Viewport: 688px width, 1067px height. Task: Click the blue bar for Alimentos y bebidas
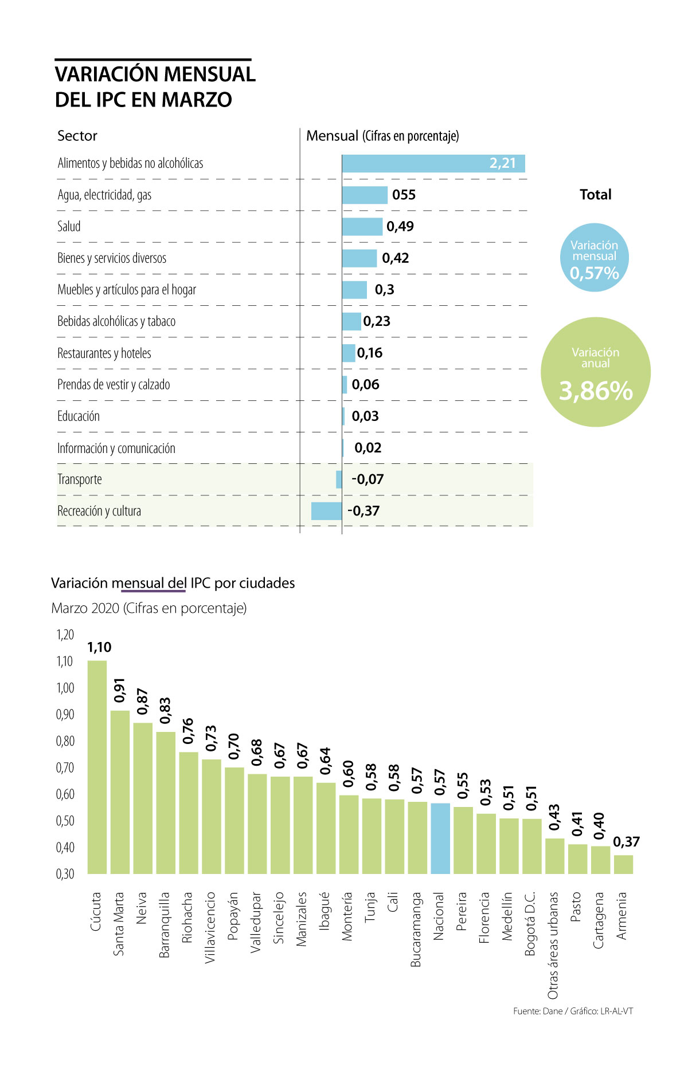click(x=433, y=163)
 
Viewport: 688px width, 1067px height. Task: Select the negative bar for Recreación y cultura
click(x=326, y=511)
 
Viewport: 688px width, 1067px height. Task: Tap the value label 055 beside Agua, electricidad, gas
click(x=404, y=195)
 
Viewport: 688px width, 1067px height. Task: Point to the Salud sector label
click(x=69, y=226)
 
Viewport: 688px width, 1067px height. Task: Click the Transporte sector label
click(x=80, y=479)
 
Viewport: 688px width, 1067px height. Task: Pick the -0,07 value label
click(x=368, y=479)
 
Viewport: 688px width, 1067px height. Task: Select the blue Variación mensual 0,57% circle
click(x=594, y=258)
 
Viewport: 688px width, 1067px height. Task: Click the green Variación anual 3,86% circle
click(x=596, y=372)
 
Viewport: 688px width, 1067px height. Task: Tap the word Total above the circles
click(x=595, y=195)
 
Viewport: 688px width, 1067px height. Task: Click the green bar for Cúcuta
click(x=97, y=767)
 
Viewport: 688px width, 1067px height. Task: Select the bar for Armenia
click(x=623, y=864)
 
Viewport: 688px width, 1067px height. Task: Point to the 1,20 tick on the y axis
click(x=65, y=635)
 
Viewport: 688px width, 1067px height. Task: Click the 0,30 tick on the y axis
click(x=65, y=874)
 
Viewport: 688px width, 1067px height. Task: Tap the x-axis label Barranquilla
click(x=165, y=924)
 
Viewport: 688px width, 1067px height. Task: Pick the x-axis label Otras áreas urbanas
click(x=553, y=945)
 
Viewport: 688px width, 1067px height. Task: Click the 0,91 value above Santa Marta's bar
click(x=119, y=690)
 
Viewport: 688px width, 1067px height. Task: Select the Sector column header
click(x=77, y=136)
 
